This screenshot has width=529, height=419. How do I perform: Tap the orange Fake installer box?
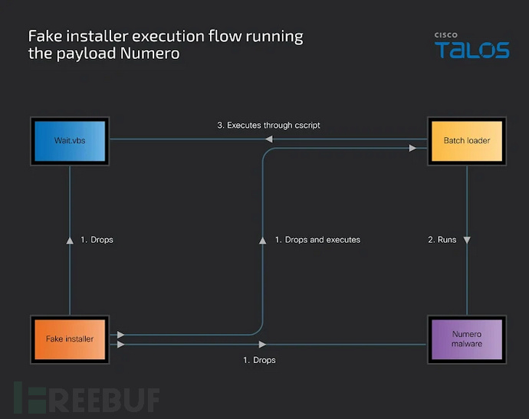pos(69,339)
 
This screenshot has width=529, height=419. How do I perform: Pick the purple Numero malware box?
pos(466,339)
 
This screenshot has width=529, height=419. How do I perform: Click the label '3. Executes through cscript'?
pos(268,125)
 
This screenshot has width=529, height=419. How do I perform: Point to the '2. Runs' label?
pos(442,240)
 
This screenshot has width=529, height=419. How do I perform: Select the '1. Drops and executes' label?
pos(317,240)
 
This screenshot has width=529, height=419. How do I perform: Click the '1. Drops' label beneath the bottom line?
pos(259,359)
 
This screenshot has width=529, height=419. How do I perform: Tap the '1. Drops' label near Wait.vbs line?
pos(97,240)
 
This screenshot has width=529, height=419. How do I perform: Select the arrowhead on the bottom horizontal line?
pos(263,345)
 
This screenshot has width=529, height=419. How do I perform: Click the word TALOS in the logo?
pos(472,50)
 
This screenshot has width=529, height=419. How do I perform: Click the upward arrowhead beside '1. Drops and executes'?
pos(264,240)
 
